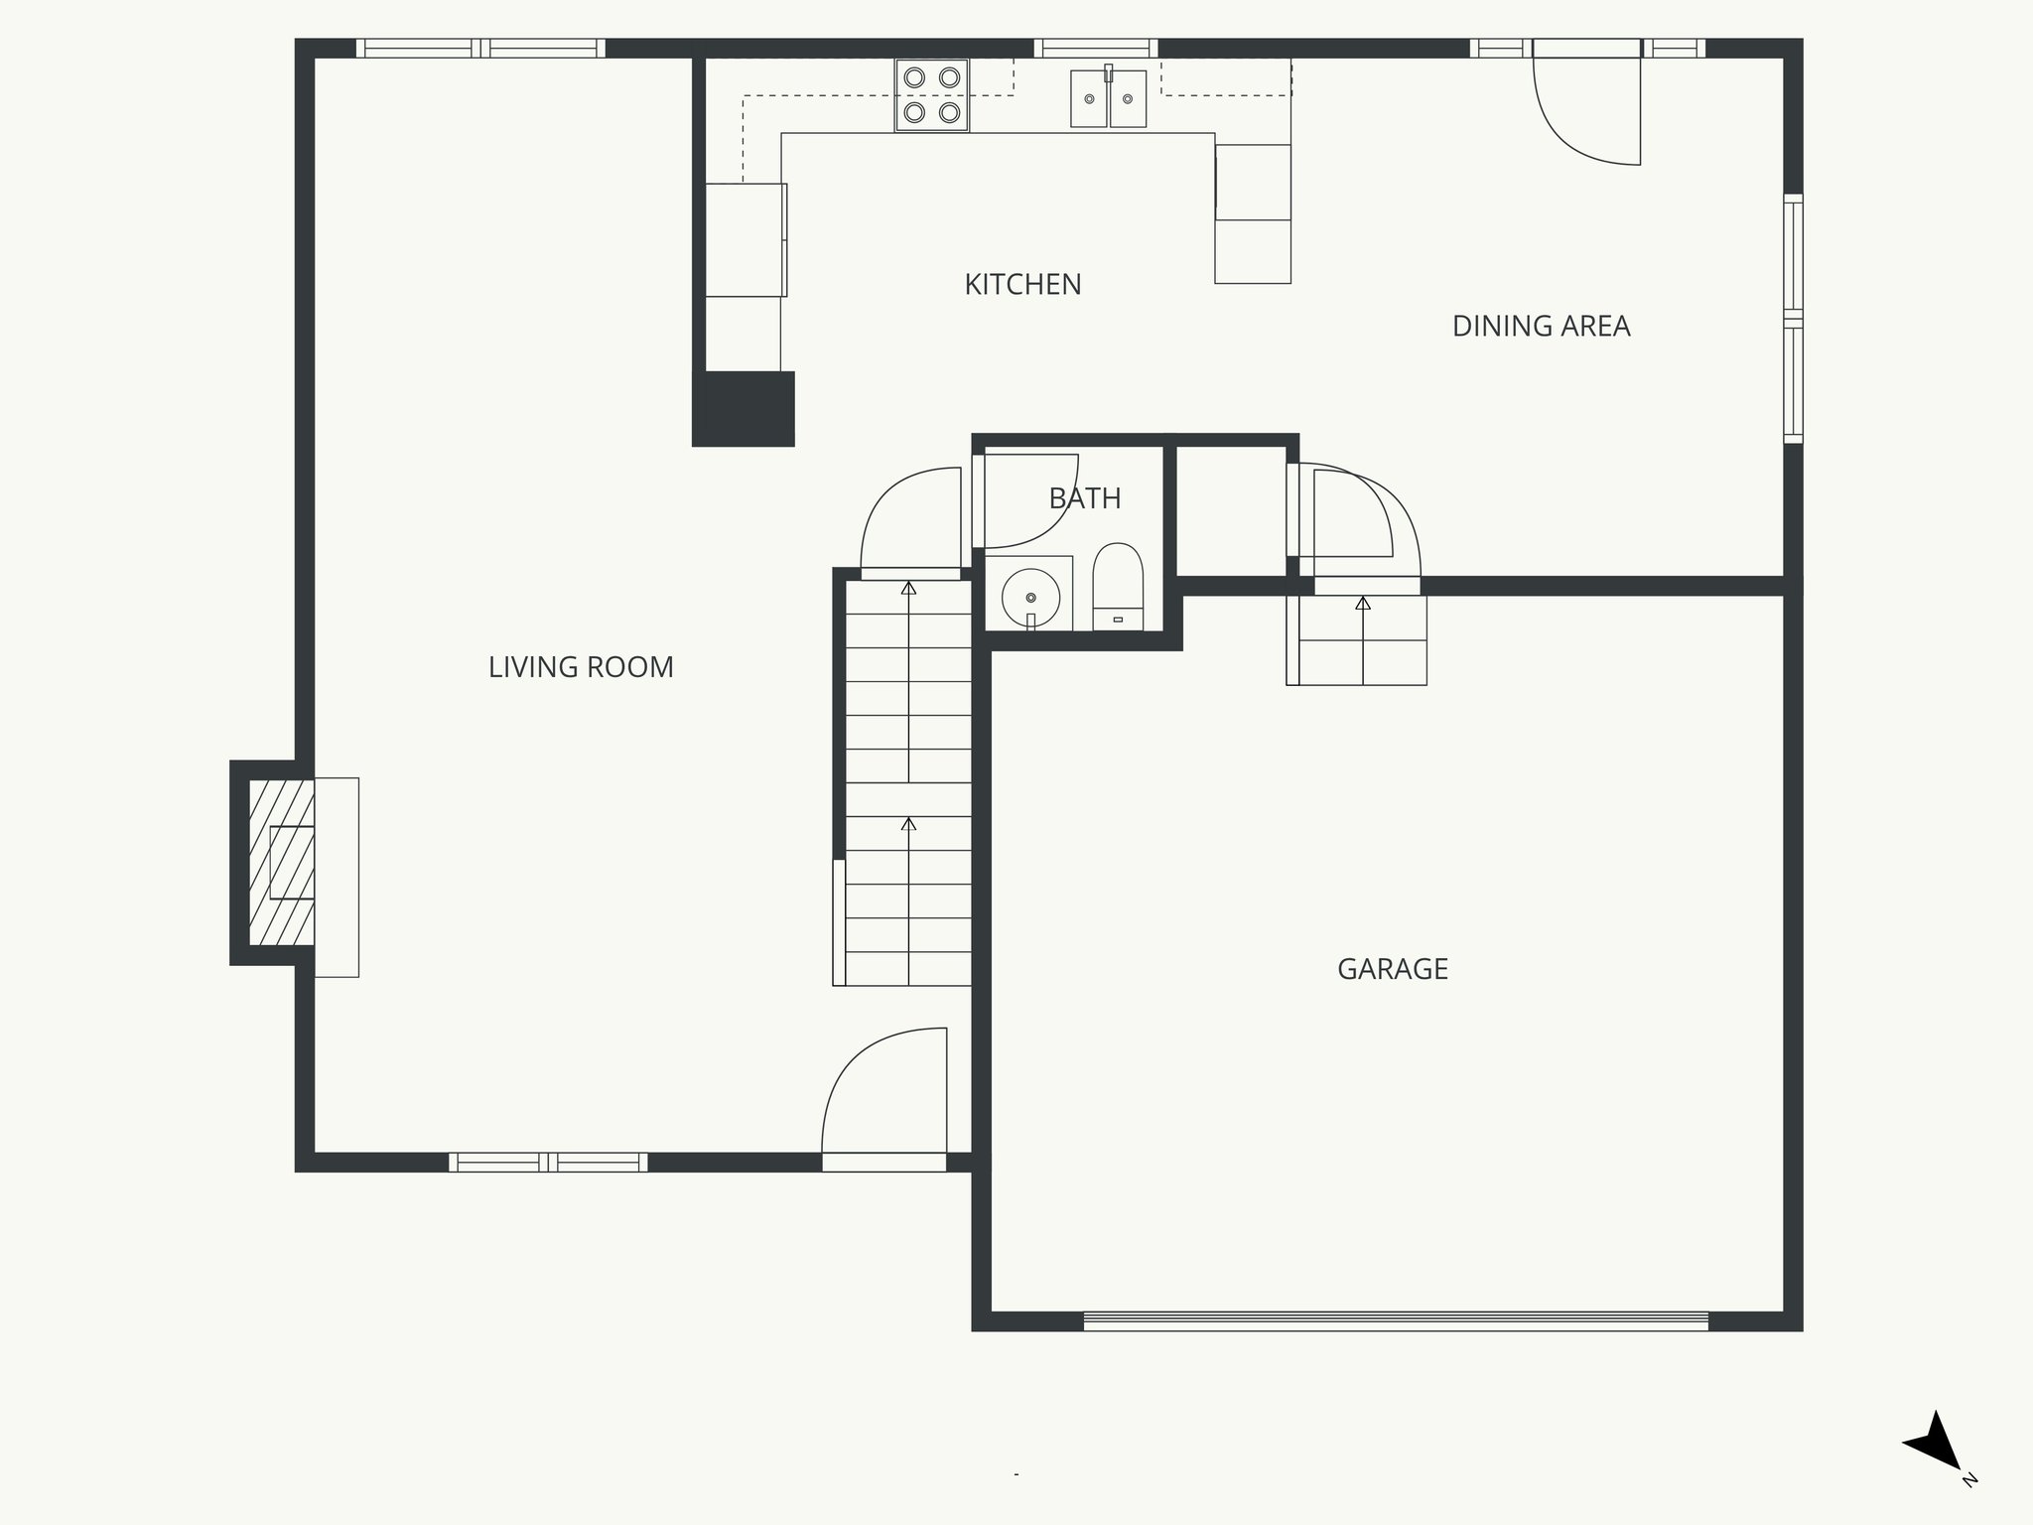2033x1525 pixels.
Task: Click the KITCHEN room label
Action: (1022, 285)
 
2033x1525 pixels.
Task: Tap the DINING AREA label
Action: (1541, 327)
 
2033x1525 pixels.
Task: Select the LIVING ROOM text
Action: (581, 667)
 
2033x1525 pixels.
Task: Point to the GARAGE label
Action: (1392, 969)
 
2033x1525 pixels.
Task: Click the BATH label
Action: (1085, 498)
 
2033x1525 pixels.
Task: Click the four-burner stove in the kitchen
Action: (931, 95)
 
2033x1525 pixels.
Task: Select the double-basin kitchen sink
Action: (1108, 98)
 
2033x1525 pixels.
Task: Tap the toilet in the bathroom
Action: (1118, 586)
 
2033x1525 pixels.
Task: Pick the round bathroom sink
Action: (1030, 597)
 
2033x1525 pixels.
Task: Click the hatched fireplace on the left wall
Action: (281, 862)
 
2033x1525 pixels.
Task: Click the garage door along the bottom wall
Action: (1395, 1321)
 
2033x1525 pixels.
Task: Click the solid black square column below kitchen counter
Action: (745, 408)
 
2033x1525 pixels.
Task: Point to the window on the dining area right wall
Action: (1793, 318)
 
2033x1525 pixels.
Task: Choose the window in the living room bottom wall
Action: (548, 1162)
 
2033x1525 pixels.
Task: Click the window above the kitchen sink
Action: (1096, 48)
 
